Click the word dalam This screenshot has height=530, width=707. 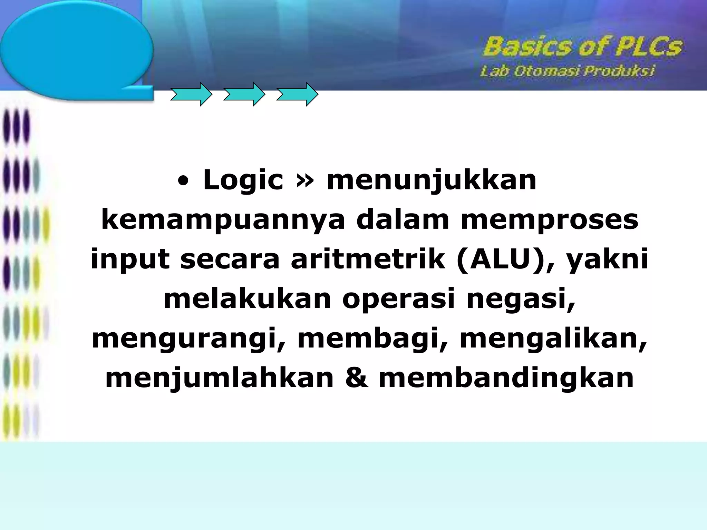(403, 220)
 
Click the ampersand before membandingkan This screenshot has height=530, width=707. (356, 379)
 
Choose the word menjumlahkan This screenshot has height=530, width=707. (220, 379)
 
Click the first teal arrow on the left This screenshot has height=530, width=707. (191, 94)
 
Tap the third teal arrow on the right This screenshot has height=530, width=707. (297, 94)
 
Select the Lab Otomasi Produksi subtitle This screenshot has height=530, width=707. (567, 71)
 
